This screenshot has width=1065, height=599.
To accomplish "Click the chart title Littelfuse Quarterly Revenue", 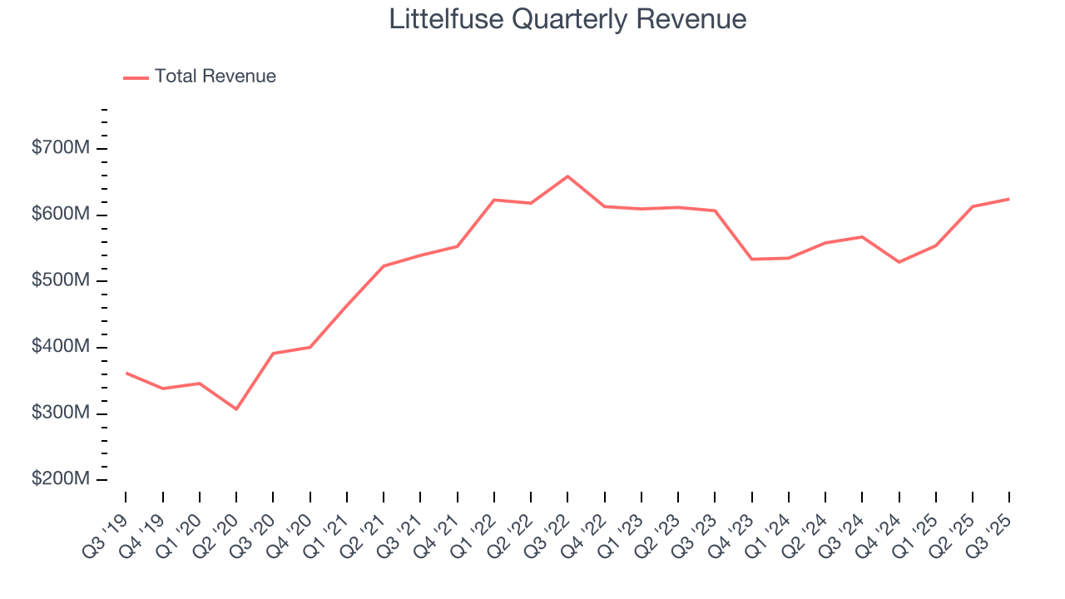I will click(x=567, y=19).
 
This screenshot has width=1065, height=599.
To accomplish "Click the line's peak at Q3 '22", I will click(x=567, y=176).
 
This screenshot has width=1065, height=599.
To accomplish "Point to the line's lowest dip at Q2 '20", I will click(x=236, y=409).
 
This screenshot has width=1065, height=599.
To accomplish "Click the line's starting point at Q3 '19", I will click(x=126, y=373).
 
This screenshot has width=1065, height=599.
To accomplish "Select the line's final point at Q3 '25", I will click(x=1008, y=199).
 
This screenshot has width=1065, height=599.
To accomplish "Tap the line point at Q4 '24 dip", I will click(x=899, y=262).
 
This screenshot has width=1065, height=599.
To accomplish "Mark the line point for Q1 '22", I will click(x=494, y=200).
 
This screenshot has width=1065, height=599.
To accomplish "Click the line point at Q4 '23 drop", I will click(x=751, y=260).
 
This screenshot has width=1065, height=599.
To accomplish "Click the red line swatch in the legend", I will click(x=136, y=77).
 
